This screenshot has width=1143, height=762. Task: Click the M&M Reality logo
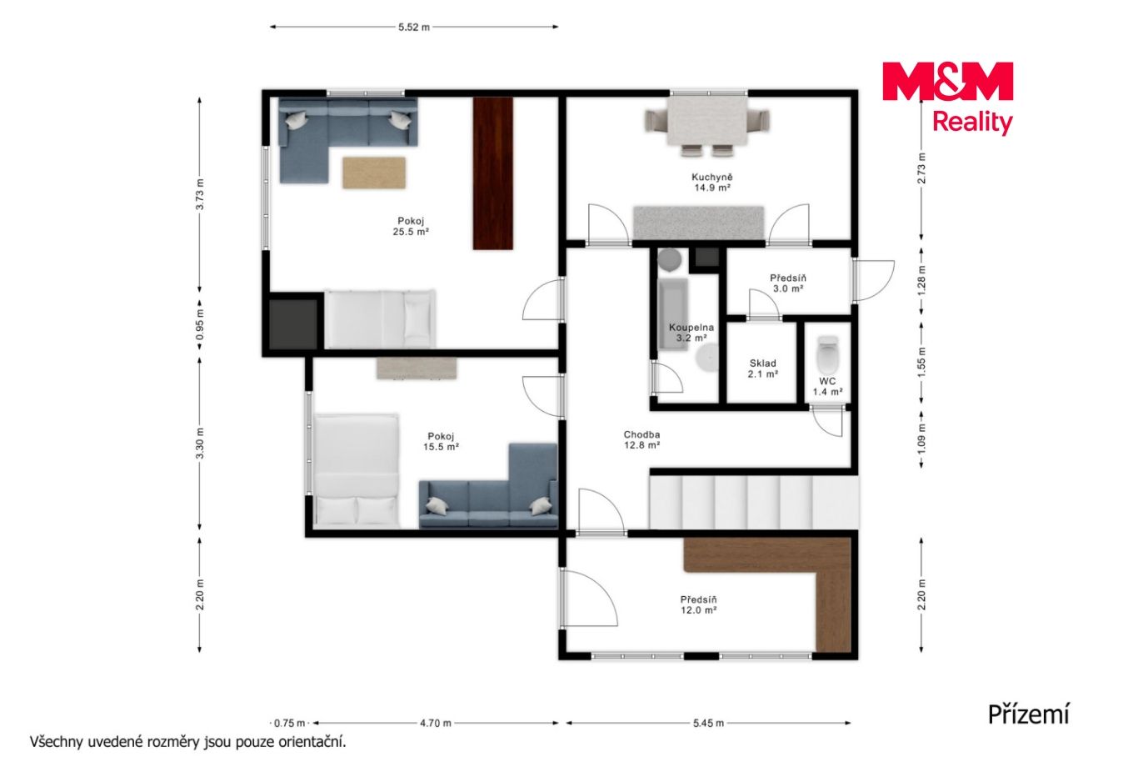(x=947, y=98)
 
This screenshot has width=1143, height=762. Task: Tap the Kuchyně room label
(x=711, y=183)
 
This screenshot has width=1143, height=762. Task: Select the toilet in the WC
(x=827, y=354)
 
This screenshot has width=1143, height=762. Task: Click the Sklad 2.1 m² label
(x=763, y=368)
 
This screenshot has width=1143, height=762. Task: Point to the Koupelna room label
(x=691, y=333)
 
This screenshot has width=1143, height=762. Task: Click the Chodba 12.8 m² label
(x=642, y=439)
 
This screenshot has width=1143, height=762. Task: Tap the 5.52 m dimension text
(x=414, y=27)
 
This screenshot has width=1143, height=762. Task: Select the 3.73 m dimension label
(x=200, y=194)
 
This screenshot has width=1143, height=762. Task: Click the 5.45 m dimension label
(x=708, y=723)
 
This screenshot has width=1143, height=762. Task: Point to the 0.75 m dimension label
(x=289, y=723)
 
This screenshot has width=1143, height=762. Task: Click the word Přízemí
(x=1028, y=714)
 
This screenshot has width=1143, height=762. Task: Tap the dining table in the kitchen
(x=707, y=121)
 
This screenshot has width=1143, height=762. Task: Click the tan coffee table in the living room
(x=374, y=173)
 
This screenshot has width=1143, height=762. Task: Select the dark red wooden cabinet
(x=493, y=173)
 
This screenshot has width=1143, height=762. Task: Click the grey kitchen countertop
(x=699, y=223)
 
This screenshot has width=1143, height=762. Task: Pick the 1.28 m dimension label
(x=921, y=280)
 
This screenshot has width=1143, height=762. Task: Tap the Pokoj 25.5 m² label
(x=411, y=226)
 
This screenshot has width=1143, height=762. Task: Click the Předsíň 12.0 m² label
(x=699, y=604)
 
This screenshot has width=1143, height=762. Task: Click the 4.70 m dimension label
(x=435, y=723)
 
